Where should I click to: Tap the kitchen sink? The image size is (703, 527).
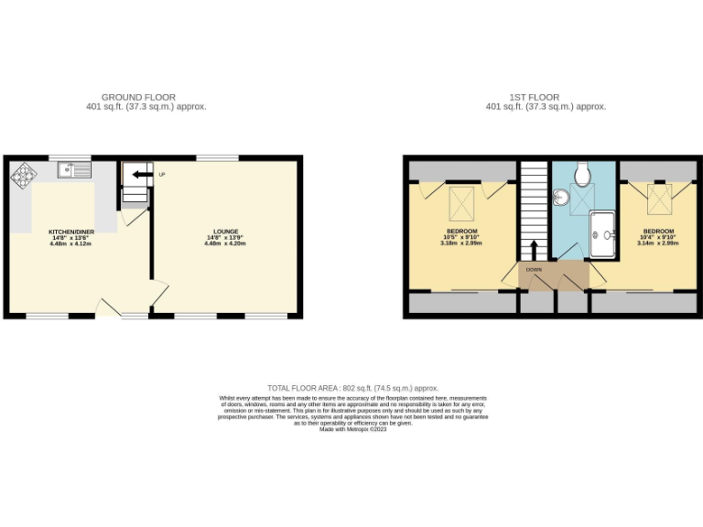[x=72, y=169]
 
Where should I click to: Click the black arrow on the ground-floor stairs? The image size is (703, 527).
[x=141, y=174]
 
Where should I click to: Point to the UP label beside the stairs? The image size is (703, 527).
[x=162, y=175]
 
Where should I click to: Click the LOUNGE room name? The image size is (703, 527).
[x=226, y=231]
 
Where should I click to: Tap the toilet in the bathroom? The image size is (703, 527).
[x=583, y=173]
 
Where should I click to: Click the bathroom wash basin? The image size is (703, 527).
[x=560, y=195]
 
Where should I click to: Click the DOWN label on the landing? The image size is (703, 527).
[x=535, y=271]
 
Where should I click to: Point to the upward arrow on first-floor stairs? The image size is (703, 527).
[x=533, y=249]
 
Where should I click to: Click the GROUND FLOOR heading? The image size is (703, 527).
[x=138, y=97]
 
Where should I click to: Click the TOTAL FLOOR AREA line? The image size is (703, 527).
[x=352, y=388]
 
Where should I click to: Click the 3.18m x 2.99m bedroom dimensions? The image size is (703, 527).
[x=462, y=243]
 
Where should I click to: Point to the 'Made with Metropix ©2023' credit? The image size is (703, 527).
[x=353, y=429]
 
